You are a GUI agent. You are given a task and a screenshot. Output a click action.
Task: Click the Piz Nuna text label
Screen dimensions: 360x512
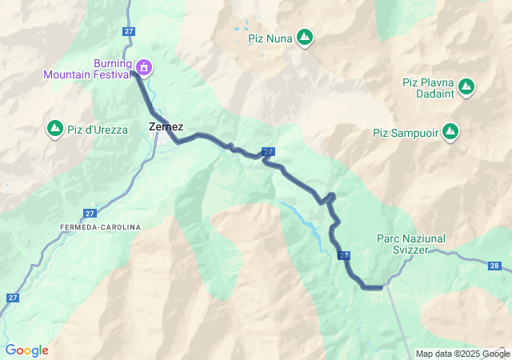click(x=270, y=37)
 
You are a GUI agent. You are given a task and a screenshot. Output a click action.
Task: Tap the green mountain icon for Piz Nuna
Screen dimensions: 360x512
click(x=305, y=37)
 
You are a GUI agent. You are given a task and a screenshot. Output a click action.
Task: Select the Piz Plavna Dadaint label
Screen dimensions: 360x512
click(x=429, y=86)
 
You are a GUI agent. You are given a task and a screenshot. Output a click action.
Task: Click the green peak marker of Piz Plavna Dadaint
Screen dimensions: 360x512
click(x=466, y=86)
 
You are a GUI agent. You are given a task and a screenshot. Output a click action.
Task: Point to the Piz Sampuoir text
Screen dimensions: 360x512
click(x=406, y=133)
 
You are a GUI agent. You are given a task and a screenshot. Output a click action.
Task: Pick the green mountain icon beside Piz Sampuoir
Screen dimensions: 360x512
click(x=451, y=130)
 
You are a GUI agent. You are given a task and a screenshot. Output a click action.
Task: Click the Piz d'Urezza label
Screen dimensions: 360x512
click(x=98, y=130)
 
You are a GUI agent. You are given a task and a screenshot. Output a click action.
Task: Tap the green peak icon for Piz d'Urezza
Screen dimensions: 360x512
click(x=55, y=128)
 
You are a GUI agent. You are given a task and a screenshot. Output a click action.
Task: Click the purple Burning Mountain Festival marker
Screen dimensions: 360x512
click(x=144, y=66)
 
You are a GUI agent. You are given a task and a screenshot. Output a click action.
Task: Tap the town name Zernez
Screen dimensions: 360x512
click(x=166, y=126)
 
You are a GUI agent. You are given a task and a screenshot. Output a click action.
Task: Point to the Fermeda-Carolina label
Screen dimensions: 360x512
click(x=100, y=227)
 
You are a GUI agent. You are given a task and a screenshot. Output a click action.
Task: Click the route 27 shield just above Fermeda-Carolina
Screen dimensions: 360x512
click(x=89, y=214)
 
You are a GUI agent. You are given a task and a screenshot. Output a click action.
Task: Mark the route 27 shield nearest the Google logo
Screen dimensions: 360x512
click(x=12, y=298)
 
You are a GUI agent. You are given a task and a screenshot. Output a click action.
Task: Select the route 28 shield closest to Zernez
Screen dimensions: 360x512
click(x=268, y=152)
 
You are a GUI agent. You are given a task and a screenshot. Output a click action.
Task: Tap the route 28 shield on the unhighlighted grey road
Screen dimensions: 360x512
click(x=496, y=265)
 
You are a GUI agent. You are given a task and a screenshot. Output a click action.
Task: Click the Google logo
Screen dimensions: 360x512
click(x=26, y=350)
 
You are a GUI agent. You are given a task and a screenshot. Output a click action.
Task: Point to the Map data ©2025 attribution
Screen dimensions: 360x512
click(x=452, y=354)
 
